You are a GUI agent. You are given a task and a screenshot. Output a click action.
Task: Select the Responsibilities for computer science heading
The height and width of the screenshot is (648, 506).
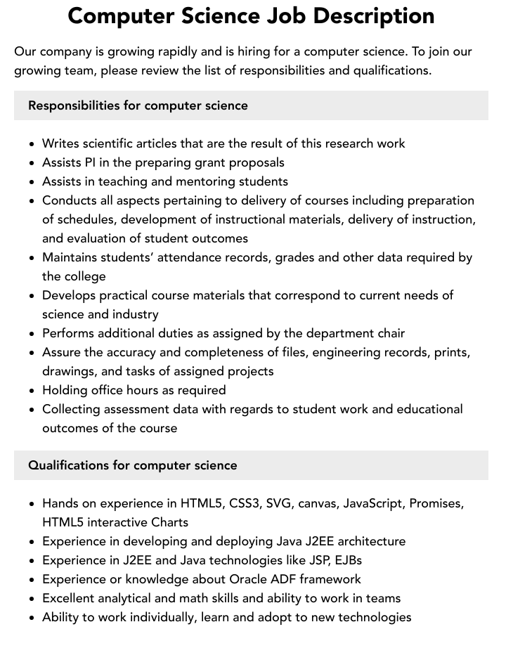tap(138, 105)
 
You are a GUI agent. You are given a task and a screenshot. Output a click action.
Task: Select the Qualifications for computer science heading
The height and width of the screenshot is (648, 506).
tap(133, 465)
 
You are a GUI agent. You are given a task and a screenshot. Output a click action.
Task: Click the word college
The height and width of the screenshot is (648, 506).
tap(84, 276)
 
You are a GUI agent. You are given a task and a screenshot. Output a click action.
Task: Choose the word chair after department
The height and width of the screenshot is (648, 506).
tap(389, 333)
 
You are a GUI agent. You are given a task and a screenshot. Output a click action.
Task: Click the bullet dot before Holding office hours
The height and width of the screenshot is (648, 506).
tap(32, 390)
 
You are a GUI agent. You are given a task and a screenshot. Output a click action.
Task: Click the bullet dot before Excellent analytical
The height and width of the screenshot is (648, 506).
tap(32, 599)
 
